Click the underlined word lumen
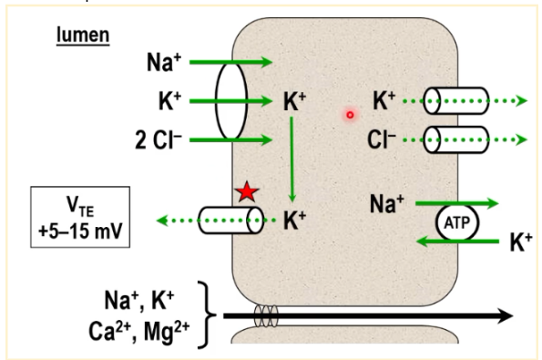click(83, 35)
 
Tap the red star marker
click(247, 191)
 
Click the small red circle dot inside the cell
click(350, 115)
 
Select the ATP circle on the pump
click(457, 222)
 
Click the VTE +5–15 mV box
click(80, 217)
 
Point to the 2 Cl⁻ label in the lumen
click(159, 140)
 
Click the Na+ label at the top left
click(164, 62)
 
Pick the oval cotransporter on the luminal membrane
click(231, 101)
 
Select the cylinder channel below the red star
click(230, 221)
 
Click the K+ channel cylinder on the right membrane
click(456, 101)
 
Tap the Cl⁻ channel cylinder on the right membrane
click(456, 139)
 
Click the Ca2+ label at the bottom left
click(109, 332)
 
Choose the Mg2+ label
click(167, 333)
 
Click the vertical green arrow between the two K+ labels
click(292, 159)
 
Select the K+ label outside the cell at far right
click(520, 242)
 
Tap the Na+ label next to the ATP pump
click(387, 204)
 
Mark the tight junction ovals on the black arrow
click(266, 315)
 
